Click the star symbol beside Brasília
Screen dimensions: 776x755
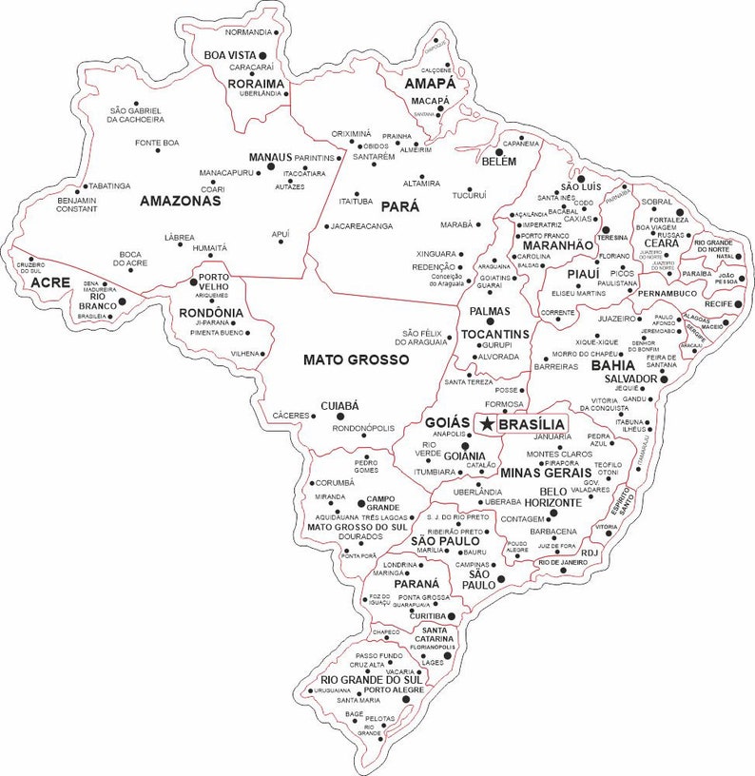point(488,422)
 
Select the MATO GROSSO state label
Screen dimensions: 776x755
point(356,359)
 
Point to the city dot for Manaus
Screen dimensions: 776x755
point(271,165)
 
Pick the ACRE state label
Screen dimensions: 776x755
point(49,283)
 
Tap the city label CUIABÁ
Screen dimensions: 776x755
point(339,405)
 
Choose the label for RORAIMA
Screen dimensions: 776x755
point(256,83)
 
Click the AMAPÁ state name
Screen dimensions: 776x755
point(430,84)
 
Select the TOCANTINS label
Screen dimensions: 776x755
point(494,335)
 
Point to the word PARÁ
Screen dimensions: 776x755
point(399,205)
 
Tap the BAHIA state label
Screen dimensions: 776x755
point(613,364)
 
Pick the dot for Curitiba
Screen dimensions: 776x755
point(452,615)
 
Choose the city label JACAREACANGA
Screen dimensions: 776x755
point(361,226)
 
